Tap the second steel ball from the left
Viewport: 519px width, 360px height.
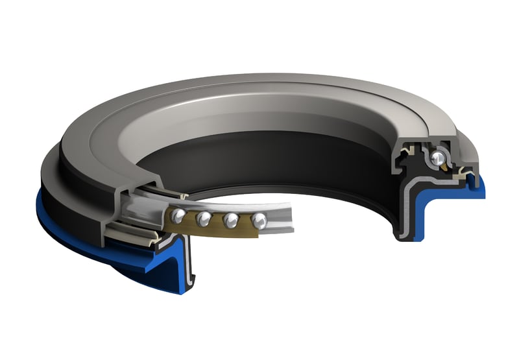tap(205, 218)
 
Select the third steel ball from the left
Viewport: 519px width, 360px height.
tap(231, 221)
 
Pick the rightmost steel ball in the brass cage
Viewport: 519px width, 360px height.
tap(258, 219)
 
